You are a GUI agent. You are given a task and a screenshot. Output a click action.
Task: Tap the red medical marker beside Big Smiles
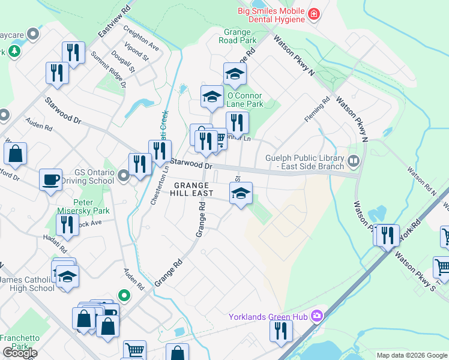313,14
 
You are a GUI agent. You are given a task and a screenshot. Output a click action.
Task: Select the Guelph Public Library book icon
353,160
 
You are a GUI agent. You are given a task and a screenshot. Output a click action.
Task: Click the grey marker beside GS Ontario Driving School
124,176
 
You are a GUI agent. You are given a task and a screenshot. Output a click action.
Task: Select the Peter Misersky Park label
91,207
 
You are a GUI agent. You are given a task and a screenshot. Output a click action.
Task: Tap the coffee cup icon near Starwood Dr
50,179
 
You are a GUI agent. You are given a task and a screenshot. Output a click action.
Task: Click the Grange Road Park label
240,35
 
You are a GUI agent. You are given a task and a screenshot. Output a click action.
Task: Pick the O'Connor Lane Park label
246,100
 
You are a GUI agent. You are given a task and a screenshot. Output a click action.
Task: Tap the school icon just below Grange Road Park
235,74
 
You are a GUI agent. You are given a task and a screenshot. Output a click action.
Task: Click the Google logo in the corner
20,353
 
